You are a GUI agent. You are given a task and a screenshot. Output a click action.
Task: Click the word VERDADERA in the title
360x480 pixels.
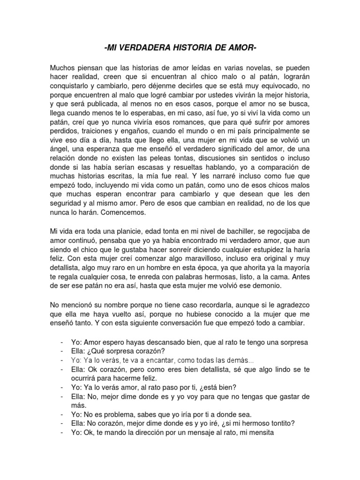coord(149,48)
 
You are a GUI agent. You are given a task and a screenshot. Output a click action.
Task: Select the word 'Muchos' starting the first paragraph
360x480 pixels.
coord(63,68)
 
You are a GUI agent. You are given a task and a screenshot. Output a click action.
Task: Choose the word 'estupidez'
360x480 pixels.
coord(263,250)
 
